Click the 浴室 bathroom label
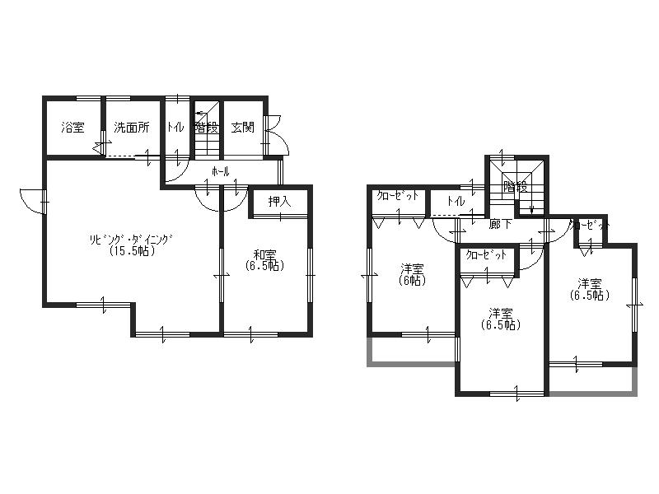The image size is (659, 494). click(x=72, y=128)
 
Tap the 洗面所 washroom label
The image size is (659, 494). click(x=132, y=128)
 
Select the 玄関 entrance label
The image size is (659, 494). click(x=242, y=128)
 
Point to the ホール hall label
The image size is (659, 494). click(x=220, y=172)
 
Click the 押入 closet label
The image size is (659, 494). click(x=279, y=201)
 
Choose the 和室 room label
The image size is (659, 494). click(x=264, y=254)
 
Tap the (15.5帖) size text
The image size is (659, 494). click(x=132, y=251)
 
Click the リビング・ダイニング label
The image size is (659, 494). click(x=132, y=240)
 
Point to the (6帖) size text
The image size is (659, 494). click(x=412, y=280)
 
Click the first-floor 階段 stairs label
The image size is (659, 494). click(x=206, y=128)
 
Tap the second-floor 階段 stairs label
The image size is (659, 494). click(x=516, y=187)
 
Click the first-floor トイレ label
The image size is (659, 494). click(x=175, y=128)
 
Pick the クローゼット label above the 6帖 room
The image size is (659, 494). click(x=399, y=196)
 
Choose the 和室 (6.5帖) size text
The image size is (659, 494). click(x=264, y=266)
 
